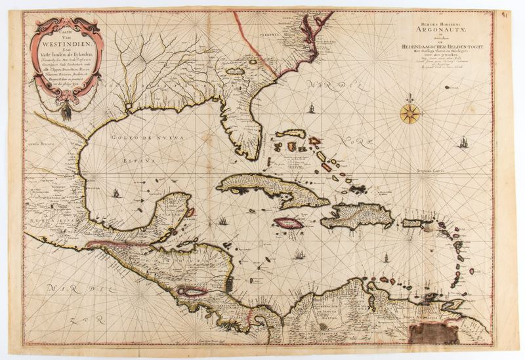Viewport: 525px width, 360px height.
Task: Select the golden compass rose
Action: [409, 113]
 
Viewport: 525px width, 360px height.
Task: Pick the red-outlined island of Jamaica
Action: [288, 223]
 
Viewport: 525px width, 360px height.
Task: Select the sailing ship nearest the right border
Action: [464, 141]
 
